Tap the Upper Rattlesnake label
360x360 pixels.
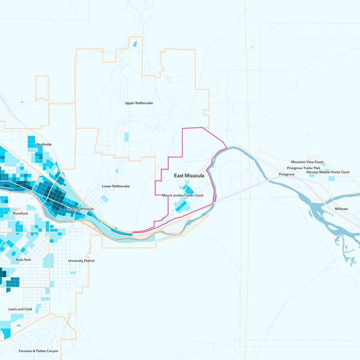[139, 103]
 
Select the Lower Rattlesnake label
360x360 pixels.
[116, 186]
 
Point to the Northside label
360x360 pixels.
[44, 144]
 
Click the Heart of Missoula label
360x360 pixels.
[80, 209]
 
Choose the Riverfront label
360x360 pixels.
[21, 213]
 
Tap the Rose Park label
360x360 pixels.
[23, 260]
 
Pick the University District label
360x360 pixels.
[81, 261]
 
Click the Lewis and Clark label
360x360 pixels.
[20, 310]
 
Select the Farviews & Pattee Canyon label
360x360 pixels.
[38, 351]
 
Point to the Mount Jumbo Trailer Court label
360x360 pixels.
[183, 195]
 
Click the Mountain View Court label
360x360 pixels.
[307, 162]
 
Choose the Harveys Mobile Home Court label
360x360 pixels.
[328, 172]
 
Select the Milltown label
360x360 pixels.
[342, 209]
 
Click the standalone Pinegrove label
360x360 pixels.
[286, 174]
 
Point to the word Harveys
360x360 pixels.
[313, 172]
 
